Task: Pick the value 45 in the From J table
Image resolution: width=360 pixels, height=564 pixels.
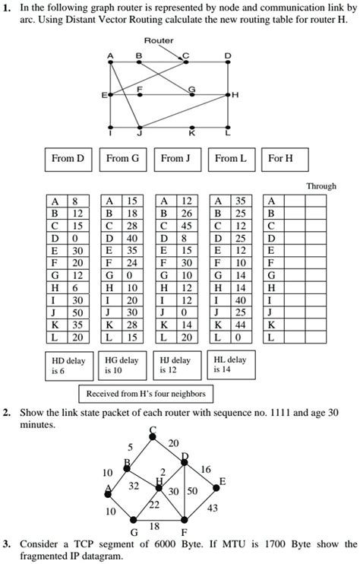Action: (x=185, y=225)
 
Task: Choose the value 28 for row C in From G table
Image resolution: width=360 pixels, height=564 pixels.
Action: (x=131, y=226)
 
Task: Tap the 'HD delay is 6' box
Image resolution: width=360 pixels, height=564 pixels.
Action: (x=68, y=366)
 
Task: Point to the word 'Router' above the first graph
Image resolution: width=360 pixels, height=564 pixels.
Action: (x=158, y=40)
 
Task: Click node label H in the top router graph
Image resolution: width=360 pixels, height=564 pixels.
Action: (x=236, y=95)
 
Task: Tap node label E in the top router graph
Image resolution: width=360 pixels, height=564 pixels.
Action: (x=104, y=96)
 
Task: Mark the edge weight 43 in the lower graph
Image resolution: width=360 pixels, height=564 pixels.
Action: (x=213, y=509)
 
